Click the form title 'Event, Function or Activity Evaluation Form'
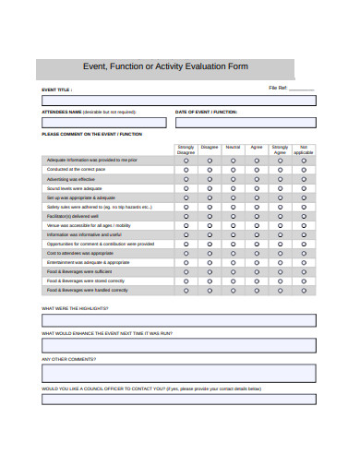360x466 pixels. (165, 67)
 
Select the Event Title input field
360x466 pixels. (178, 101)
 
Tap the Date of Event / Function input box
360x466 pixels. (246, 122)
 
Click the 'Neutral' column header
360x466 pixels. (233, 147)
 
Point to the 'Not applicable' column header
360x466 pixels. (304, 149)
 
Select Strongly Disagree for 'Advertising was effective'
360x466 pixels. (186, 179)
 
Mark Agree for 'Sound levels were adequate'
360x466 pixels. (256, 188)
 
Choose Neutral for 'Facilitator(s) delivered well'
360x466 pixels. (233, 216)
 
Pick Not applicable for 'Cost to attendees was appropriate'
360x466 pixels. (304, 253)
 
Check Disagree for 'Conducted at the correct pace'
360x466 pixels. (210, 170)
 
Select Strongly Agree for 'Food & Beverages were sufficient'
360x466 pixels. (280, 271)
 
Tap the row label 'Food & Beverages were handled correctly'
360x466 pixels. (87, 290)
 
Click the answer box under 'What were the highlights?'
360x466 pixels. (178, 320)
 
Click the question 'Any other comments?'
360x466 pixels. (68, 359)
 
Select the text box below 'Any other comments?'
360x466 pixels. (178, 373)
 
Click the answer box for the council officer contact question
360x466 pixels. (178, 399)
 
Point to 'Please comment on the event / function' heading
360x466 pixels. (92, 135)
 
